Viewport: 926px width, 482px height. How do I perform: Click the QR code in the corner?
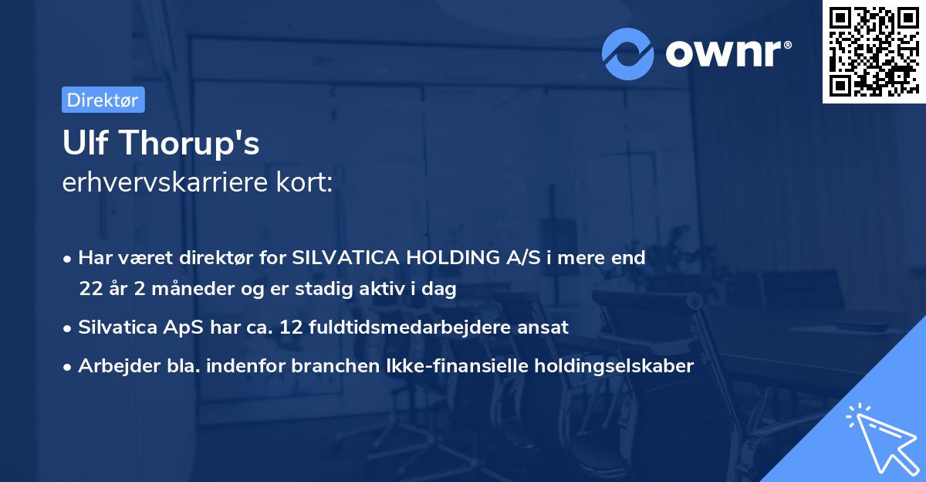[x=872, y=52]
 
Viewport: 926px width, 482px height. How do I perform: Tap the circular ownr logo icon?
[x=628, y=53]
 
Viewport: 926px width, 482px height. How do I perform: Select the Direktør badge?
[x=103, y=100]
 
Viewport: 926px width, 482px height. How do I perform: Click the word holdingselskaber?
[x=607, y=365]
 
